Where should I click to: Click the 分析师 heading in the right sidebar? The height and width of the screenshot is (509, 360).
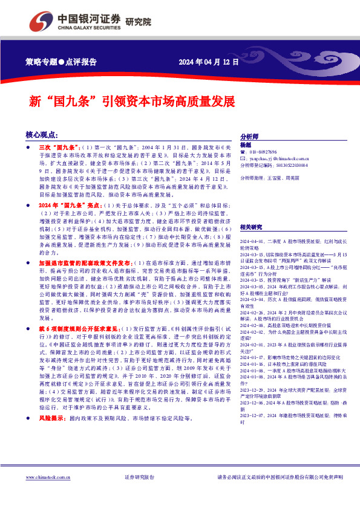point(250,137)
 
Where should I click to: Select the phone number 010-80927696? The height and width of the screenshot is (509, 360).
point(263,152)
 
